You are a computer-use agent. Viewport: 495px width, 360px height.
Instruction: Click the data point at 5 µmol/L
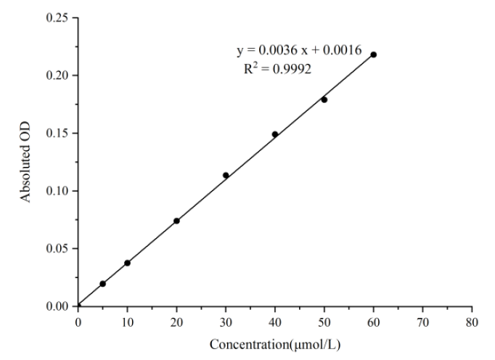click(102, 284)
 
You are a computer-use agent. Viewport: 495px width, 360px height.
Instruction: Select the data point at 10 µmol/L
click(127, 263)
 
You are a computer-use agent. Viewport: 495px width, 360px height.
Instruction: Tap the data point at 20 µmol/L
click(176, 221)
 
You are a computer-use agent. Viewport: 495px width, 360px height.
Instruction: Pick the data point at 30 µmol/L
click(226, 175)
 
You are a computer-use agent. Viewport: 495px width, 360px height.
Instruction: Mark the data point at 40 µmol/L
click(275, 134)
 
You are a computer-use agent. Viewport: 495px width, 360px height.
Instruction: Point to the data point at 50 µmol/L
click(324, 99)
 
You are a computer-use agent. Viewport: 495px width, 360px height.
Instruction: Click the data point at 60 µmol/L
click(374, 54)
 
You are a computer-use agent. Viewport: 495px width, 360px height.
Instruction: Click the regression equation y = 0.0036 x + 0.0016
click(300, 50)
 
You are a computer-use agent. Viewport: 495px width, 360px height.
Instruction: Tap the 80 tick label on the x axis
click(472, 321)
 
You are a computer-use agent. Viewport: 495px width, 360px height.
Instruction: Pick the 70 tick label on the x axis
click(423, 321)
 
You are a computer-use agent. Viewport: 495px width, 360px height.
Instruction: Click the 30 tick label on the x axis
click(226, 321)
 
